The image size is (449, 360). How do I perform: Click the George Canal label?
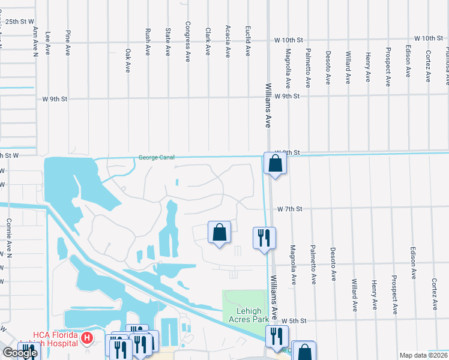tap(156, 158)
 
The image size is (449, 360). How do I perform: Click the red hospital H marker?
tap(87, 339)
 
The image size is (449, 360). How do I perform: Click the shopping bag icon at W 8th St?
tap(275, 163)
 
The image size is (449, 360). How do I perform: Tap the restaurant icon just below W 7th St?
tap(264, 238)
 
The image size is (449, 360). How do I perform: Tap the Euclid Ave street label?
tap(247, 41)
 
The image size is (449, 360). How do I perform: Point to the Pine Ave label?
tap(67, 41)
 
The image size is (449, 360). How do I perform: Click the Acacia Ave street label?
tap(228, 41)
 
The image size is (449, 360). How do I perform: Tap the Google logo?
tap(19, 353)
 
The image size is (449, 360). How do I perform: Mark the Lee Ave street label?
tap(47, 41)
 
